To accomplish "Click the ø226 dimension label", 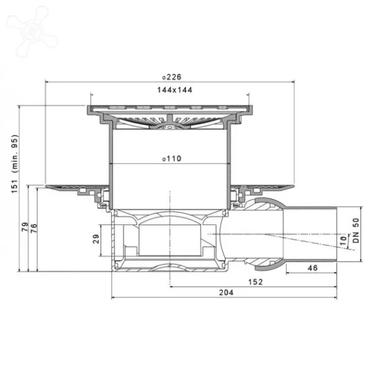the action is pyautogui.click(x=172, y=77).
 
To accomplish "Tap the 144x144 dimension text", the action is pyautogui.click(x=175, y=90).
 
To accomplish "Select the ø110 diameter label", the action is pyautogui.click(x=172, y=158).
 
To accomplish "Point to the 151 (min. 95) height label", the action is pyautogui.click(x=14, y=164).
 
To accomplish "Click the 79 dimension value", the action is pyautogui.click(x=25, y=227).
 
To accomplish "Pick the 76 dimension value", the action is pyautogui.click(x=34, y=228).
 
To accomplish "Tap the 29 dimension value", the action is pyautogui.click(x=96, y=239).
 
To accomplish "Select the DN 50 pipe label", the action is pyautogui.click(x=356, y=231).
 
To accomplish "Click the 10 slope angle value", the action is pyautogui.click(x=343, y=241).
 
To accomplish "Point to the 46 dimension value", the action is pyautogui.click(x=312, y=268).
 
